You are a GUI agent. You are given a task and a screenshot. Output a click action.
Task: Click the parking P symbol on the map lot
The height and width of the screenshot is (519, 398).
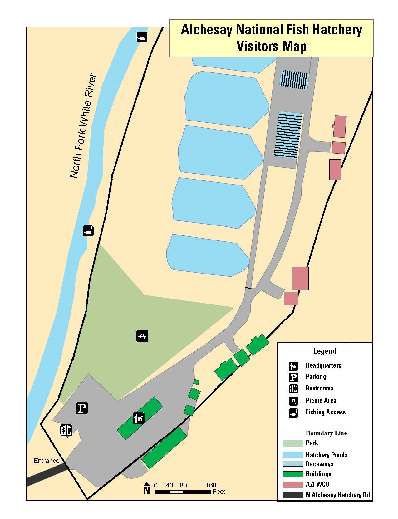[x=82, y=408]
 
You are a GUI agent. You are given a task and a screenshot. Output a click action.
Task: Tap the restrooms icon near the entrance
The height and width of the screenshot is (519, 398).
[x=66, y=430]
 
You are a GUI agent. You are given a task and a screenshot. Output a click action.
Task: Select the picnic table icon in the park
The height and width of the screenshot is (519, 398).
[x=142, y=336]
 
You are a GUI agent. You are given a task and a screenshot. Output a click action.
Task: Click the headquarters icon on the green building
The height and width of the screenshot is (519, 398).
[x=139, y=418]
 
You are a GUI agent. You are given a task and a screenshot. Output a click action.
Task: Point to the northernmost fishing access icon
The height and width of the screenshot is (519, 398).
[x=142, y=37]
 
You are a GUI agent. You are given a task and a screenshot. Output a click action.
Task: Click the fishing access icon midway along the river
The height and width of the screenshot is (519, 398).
[x=88, y=231]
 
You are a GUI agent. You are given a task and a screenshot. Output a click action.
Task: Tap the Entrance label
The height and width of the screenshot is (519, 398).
[x=47, y=461]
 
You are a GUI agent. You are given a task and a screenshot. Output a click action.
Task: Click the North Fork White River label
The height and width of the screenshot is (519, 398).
[x=83, y=126]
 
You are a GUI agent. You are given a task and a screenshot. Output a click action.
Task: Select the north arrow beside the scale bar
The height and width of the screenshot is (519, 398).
[x=147, y=489]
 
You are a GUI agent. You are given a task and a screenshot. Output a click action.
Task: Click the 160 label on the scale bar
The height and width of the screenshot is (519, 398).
[x=211, y=485]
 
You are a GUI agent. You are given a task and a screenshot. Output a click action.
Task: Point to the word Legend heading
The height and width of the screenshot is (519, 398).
[x=325, y=351]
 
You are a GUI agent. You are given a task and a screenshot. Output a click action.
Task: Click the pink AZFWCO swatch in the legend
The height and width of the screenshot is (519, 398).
[x=293, y=484]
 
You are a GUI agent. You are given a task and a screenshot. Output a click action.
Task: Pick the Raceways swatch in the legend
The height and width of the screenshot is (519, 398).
[x=293, y=464]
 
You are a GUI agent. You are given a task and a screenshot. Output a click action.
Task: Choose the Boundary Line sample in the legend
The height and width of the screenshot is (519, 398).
[x=293, y=433]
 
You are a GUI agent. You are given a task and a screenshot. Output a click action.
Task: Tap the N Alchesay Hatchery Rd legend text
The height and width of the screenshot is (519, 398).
[x=338, y=495]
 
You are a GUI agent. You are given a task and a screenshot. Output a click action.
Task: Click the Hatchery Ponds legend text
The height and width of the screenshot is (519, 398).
[x=327, y=455]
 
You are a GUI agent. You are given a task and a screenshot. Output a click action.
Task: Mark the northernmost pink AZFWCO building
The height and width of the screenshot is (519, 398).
[x=340, y=126]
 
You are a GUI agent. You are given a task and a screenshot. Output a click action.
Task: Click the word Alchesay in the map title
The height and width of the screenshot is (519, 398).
[x=207, y=30]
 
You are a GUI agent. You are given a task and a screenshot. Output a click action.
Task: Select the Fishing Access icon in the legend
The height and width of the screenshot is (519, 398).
[x=293, y=413]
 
